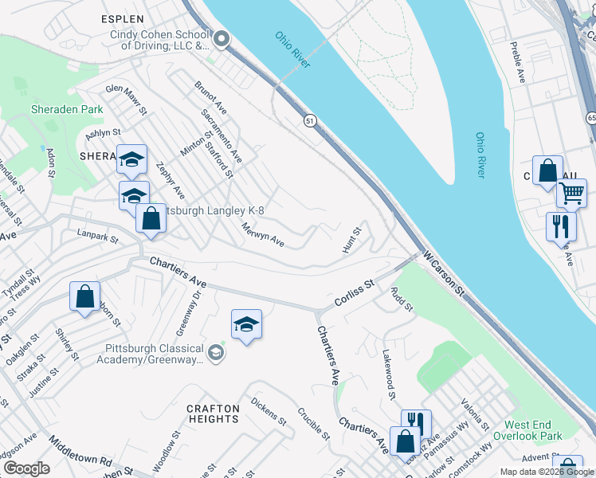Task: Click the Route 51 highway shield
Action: [x=310, y=120]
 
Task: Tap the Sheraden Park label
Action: [x=67, y=109]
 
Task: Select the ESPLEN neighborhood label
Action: [x=123, y=18]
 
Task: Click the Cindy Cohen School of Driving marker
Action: [x=222, y=38]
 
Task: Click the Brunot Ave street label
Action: [x=210, y=96]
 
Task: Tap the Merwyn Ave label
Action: [x=264, y=234]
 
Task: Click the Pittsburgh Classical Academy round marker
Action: [x=216, y=351]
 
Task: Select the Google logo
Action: [x=27, y=468]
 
